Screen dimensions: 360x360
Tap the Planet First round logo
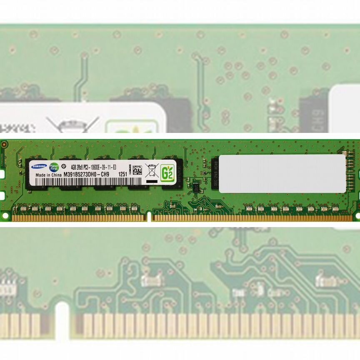54,167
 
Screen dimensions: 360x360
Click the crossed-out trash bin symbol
151,170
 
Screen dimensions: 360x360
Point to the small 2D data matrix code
137,170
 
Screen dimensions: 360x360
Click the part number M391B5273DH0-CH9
87,175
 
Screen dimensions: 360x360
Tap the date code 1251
123,175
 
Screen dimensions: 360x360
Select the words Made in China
48,175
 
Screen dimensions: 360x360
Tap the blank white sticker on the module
282,174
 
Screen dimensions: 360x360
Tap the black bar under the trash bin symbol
152,181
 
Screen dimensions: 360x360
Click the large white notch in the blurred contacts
62,321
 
